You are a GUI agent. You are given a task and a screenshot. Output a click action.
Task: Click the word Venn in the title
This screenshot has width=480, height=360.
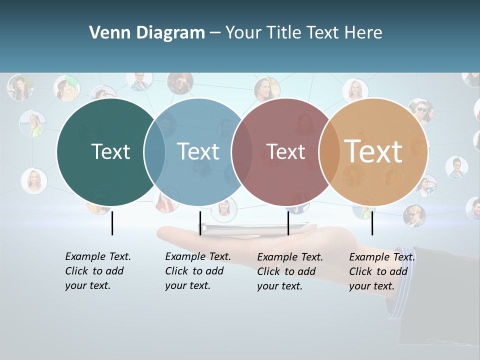[x=107, y=33]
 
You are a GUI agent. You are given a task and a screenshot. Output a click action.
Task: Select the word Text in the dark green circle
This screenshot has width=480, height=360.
[x=110, y=151]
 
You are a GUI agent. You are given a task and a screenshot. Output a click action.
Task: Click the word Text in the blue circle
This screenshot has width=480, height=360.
[x=198, y=151]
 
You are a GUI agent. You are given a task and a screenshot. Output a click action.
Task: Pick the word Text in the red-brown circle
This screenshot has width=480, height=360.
[x=285, y=151]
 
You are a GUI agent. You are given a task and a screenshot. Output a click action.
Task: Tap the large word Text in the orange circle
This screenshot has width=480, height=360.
[x=373, y=151]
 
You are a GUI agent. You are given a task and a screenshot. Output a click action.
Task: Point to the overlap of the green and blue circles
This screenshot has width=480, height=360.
[x=154, y=151]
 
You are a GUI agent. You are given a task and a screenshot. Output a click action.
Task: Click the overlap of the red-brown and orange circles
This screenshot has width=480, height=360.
[x=329, y=151]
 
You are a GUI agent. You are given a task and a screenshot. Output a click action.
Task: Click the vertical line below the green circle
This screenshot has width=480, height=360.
[x=112, y=223]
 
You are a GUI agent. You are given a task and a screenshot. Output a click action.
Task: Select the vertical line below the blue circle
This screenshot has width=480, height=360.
[x=200, y=223]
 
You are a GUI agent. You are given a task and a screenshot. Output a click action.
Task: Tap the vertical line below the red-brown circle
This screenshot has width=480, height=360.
[x=288, y=223]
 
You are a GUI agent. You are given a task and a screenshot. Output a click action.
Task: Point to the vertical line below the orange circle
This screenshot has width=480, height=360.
[x=372, y=223]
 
